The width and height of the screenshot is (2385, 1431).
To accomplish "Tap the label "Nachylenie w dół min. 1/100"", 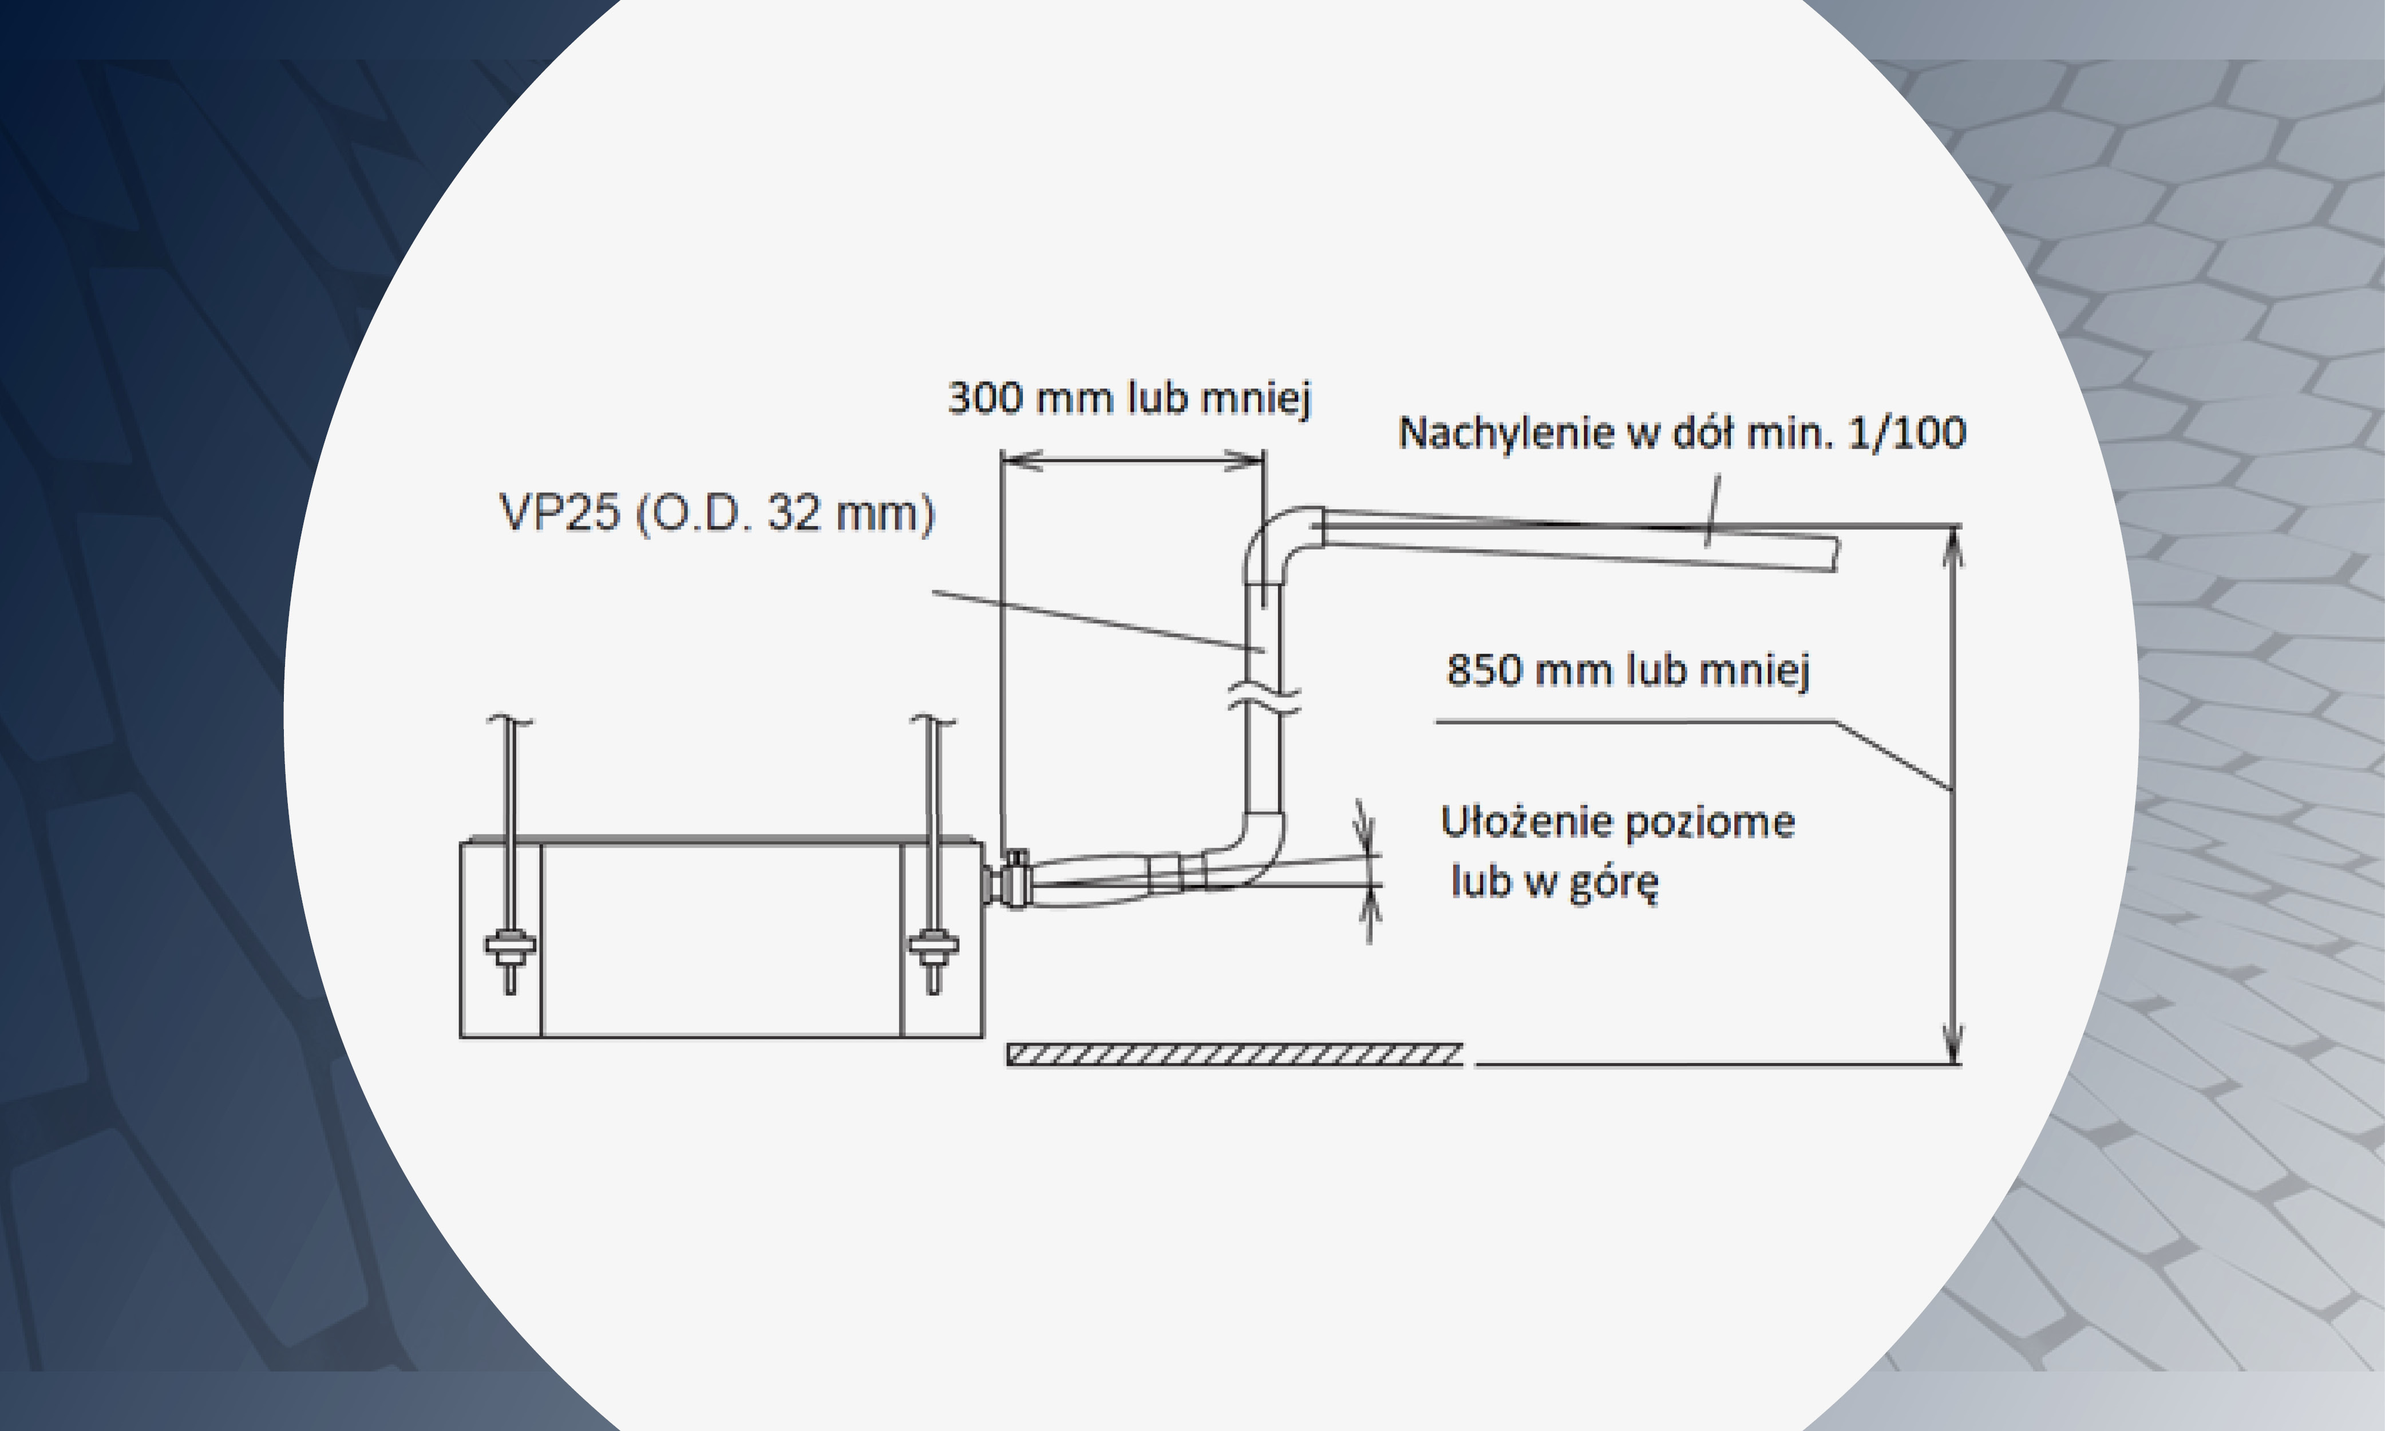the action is coord(1681,433).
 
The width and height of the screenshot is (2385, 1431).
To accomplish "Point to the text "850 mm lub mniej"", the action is coord(1628,669).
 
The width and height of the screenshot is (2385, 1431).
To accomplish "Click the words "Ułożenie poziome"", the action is coord(1617,823).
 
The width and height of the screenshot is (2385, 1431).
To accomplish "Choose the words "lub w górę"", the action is coord(1554,882).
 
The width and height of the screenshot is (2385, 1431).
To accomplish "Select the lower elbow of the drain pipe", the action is coord(1253,848).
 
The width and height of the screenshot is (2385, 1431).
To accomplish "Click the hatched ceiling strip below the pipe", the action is coord(1235,1055).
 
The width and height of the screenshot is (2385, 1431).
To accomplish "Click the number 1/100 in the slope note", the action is coord(1908,433).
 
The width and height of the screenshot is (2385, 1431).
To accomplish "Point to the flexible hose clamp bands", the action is coord(1178,873).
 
